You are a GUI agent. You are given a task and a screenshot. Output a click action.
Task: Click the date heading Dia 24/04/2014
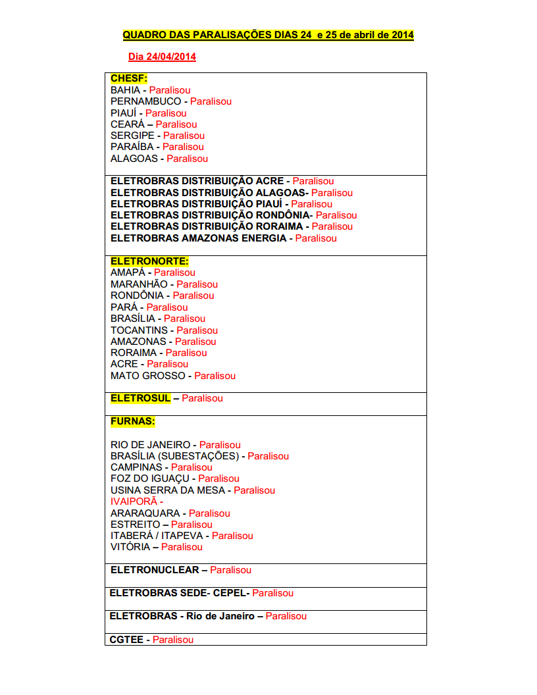[x=162, y=57]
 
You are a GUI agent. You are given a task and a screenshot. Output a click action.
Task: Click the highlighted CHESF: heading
[x=129, y=78]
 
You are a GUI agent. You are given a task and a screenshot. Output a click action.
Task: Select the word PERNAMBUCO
[x=145, y=101]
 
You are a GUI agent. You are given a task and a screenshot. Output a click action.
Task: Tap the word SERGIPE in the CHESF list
[x=132, y=136]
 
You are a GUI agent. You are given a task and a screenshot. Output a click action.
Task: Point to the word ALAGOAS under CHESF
[x=134, y=159]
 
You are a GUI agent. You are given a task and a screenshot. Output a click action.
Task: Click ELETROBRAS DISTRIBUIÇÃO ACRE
[x=197, y=181]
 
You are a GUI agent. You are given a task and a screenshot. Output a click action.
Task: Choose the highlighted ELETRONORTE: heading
[x=149, y=261]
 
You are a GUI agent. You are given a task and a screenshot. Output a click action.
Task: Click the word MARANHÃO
[x=139, y=284]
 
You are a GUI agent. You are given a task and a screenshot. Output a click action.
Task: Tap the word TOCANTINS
[x=139, y=330]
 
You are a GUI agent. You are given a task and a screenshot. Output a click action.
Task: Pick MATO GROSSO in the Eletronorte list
[x=147, y=376]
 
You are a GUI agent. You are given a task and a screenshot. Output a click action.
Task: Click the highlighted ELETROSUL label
[x=140, y=398]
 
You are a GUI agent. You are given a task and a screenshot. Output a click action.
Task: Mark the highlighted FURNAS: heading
[x=133, y=421]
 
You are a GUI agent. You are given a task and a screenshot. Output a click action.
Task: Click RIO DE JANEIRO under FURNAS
[x=150, y=445]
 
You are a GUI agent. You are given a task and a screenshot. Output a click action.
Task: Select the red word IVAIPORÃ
[x=134, y=502]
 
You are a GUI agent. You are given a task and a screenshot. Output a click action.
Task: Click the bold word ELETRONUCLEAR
[x=154, y=570]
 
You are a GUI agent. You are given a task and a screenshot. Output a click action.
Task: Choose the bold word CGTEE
[x=126, y=640]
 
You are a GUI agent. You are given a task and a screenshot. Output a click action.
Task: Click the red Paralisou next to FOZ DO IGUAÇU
[x=218, y=478]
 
